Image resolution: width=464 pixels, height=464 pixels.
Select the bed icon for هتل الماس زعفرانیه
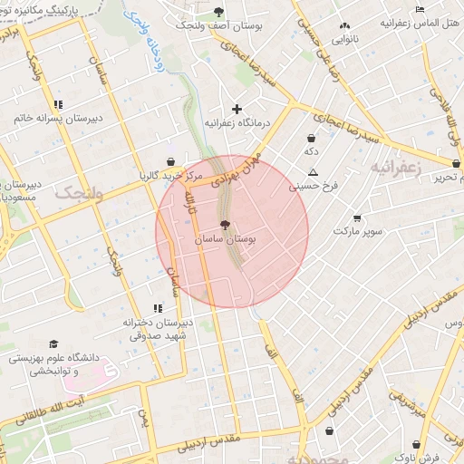point(419,9)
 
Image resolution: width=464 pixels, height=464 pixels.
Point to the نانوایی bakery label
point(343,40)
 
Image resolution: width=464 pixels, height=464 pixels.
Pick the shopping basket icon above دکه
point(311,137)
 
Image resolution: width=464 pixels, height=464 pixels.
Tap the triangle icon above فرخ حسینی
point(314,172)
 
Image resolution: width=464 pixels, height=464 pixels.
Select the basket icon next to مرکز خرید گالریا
point(170,161)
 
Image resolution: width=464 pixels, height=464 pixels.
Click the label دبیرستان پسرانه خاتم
point(58,118)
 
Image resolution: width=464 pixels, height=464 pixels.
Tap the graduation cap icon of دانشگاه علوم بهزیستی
point(53,344)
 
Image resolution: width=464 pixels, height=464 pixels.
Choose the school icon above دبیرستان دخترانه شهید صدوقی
point(157,309)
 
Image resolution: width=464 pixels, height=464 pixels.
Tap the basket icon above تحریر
point(455,163)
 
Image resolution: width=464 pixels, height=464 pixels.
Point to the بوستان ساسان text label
point(226,239)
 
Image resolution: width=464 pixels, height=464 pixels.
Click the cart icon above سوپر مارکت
point(356,217)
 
